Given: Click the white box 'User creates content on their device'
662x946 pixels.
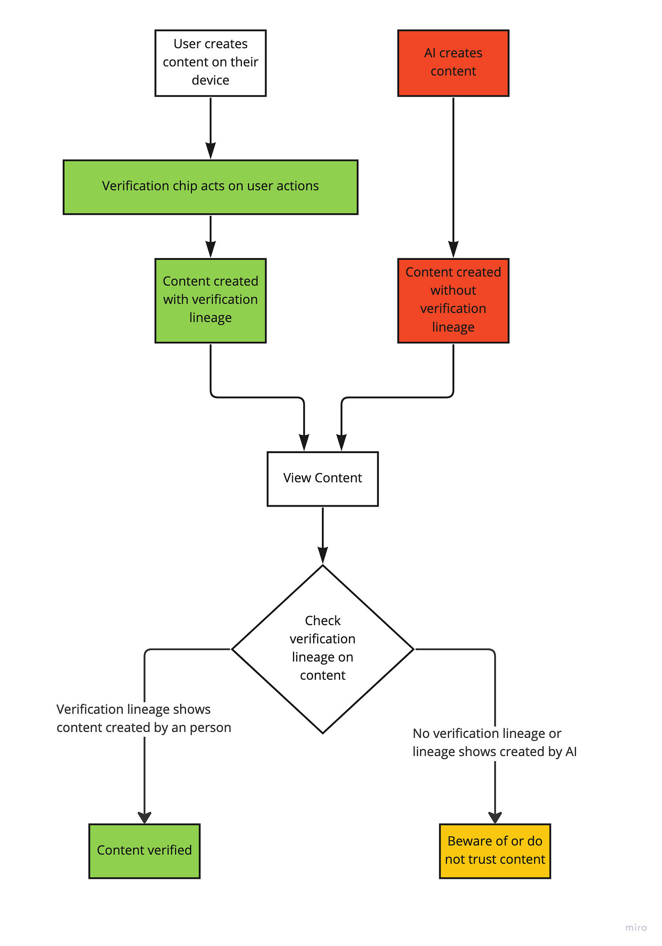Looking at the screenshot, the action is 211,63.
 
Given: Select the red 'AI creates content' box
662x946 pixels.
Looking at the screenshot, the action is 453,63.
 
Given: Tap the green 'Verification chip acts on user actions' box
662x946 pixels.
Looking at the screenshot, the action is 211,187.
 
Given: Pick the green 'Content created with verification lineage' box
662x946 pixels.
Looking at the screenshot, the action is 211,301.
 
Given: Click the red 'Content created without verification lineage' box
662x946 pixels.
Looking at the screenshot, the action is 453,301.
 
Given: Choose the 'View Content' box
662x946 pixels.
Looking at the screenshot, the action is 323,479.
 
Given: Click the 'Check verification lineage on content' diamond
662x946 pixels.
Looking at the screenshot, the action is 323,649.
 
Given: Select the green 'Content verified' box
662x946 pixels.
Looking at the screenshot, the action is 145,851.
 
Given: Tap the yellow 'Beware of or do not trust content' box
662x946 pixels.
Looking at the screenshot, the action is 495,851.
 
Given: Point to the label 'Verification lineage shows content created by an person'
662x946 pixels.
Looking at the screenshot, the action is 144,718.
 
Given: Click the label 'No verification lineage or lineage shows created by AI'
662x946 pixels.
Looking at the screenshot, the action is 495,742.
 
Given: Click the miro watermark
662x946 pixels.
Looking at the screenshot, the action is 636,927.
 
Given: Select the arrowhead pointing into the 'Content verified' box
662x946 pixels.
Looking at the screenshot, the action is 145,817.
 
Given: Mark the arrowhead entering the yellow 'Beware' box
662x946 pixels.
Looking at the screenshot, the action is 495,817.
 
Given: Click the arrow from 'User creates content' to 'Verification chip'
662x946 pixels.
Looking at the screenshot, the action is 211,128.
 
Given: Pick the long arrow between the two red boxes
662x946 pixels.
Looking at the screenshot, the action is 453,178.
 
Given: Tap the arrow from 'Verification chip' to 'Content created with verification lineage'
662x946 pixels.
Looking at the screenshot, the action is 211,237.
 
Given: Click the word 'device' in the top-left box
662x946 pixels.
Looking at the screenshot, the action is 211,80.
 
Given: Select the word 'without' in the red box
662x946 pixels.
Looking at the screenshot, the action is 453,290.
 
